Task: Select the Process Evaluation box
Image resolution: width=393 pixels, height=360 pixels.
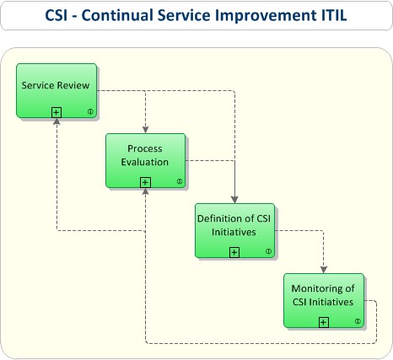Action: tap(145, 159)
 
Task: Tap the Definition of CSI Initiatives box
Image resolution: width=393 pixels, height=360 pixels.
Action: tap(234, 228)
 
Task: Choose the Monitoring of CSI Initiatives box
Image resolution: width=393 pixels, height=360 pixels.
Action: tap(324, 298)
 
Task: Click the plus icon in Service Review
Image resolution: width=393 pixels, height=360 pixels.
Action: tap(56, 111)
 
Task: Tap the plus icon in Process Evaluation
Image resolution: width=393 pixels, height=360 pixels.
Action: tap(145, 181)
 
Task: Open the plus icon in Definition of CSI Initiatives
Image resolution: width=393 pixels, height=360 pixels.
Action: tap(234, 251)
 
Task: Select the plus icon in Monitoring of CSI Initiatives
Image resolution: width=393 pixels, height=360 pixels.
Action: tap(324, 321)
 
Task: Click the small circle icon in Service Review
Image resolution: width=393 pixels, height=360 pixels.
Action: tap(89, 112)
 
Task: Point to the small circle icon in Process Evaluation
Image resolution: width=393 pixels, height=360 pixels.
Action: tap(179, 182)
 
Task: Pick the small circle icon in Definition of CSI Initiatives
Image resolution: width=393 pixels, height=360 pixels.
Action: tap(268, 251)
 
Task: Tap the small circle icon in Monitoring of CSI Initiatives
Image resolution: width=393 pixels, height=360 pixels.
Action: tap(358, 321)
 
